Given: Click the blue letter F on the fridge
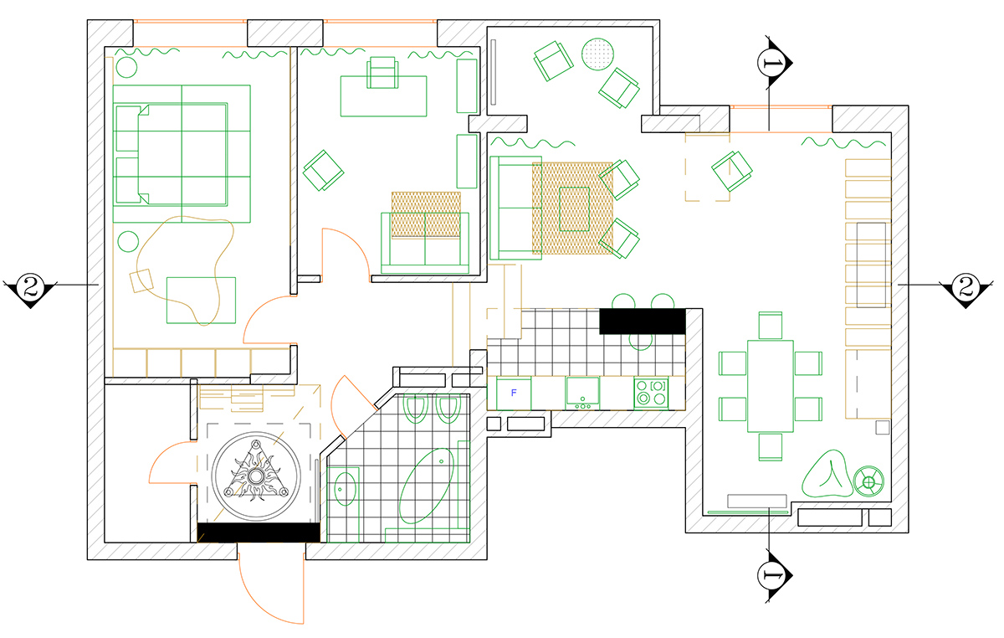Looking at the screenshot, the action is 514,393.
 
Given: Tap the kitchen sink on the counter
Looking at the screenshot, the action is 582,393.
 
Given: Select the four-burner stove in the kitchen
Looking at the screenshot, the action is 651,393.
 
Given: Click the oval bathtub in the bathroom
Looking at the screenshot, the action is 426,486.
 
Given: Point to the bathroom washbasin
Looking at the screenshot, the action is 345,488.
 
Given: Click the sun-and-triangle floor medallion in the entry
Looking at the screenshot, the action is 256,476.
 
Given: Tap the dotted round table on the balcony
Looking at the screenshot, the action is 597,54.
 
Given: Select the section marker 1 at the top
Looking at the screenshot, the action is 774,62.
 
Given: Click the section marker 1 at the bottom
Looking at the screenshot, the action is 774,575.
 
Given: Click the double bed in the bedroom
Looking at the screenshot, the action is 172,154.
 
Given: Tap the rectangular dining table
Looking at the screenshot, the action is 770,386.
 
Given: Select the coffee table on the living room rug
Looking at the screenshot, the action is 574,209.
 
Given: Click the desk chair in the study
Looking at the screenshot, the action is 382,72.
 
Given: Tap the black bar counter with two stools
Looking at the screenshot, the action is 643,321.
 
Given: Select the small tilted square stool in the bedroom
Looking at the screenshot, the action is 141,280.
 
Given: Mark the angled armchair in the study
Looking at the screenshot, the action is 323,171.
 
